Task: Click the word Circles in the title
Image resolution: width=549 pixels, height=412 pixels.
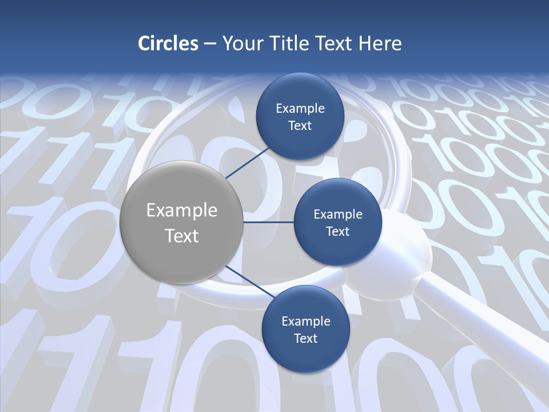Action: click(168, 43)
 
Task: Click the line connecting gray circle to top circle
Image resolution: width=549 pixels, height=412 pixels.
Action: click(249, 162)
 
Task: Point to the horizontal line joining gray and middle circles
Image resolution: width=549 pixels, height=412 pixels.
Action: click(268, 222)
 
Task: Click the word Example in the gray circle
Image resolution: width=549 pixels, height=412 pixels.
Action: click(182, 211)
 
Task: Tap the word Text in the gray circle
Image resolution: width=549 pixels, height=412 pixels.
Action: click(182, 236)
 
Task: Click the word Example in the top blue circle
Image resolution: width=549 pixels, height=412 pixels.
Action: click(300, 109)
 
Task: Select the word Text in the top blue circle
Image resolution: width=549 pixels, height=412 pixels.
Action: click(300, 126)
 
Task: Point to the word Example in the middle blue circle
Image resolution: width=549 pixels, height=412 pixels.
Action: click(338, 215)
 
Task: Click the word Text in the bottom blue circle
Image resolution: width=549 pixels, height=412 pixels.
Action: click(305, 339)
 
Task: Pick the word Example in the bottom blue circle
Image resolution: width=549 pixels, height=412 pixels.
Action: click(306, 322)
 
